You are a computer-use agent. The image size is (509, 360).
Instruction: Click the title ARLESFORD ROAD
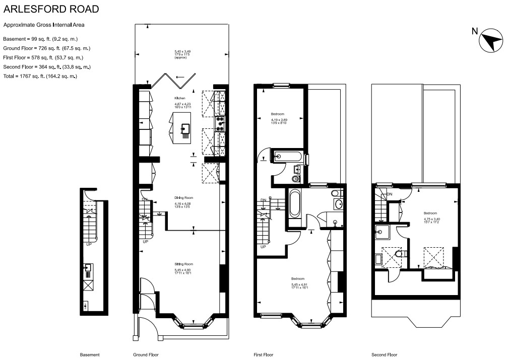[51, 9]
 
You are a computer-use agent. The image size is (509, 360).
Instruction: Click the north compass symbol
[491, 41]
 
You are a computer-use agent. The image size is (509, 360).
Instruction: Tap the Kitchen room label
[180, 98]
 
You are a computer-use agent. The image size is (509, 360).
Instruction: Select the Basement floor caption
[90, 354]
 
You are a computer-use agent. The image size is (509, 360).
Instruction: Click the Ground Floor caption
[147, 354]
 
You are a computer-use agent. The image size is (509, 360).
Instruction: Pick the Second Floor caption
[385, 354]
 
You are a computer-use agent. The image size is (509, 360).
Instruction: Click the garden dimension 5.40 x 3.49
[183, 51]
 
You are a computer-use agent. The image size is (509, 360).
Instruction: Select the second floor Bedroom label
[430, 213]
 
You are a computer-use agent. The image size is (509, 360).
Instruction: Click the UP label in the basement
[89, 245]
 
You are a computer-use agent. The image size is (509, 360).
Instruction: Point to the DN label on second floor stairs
[390, 194]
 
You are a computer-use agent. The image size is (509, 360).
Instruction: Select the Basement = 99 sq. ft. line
[40, 39]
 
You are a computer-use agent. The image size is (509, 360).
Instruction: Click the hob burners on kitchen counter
[220, 124]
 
